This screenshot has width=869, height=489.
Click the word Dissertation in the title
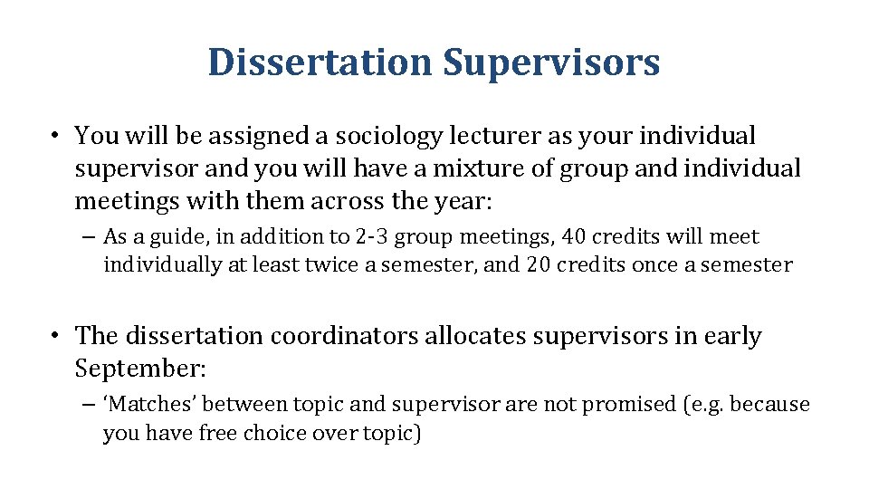tap(320, 63)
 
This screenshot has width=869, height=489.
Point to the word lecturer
tap(496, 137)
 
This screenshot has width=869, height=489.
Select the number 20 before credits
tap(540, 265)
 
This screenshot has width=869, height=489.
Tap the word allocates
tap(479, 336)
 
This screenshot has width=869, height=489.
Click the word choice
tap(276, 433)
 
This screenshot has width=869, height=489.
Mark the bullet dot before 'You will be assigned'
tap(56, 137)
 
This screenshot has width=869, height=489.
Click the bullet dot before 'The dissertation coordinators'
tap(56, 336)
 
